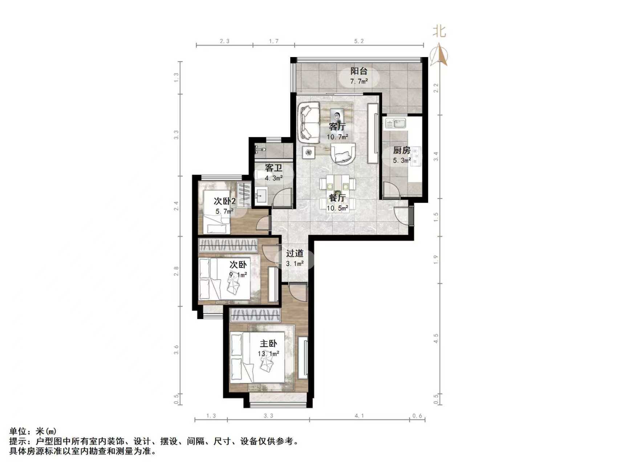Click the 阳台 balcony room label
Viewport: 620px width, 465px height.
pyautogui.click(x=358, y=71)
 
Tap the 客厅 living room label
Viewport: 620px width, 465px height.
pyautogui.click(x=337, y=127)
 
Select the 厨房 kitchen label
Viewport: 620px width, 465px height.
pyautogui.click(x=401, y=150)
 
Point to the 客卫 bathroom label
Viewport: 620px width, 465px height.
pyautogui.click(x=273, y=168)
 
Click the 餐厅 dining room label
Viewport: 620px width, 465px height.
pyautogui.click(x=337, y=198)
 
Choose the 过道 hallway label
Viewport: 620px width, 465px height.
pyautogui.click(x=294, y=254)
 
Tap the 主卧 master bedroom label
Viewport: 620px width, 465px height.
pyautogui.click(x=268, y=344)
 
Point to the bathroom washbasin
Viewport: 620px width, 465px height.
pyautogui.click(x=261, y=197)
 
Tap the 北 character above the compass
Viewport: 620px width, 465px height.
pyautogui.click(x=439, y=31)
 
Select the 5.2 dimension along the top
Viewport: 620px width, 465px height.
pyautogui.click(x=358, y=41)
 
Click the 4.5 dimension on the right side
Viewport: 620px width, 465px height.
pyautogui.click(x=436, y=339)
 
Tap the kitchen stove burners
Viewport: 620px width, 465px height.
pyautogui.click(x=416, y=157)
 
